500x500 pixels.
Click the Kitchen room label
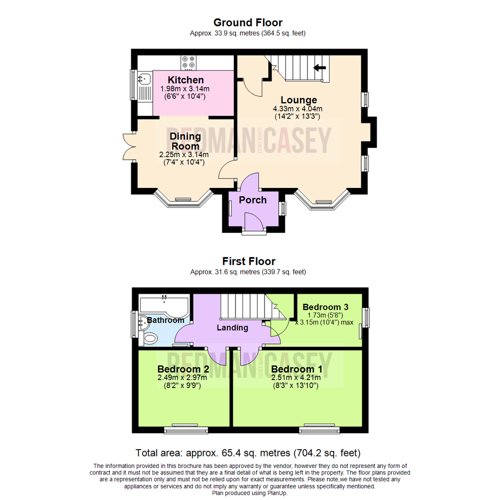point(185,80)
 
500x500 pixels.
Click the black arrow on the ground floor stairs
point(319,68)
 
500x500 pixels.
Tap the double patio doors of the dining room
point(127,146)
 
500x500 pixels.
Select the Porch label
point(253,200)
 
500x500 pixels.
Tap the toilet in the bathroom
point(150,338)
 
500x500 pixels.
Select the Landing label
point(232,328)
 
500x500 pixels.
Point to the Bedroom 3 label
point(325,307)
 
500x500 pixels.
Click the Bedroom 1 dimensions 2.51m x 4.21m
point(296,378)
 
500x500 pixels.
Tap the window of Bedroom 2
point(184,430)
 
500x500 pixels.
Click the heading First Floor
point(248,262)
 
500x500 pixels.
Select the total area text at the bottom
point(248,452)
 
